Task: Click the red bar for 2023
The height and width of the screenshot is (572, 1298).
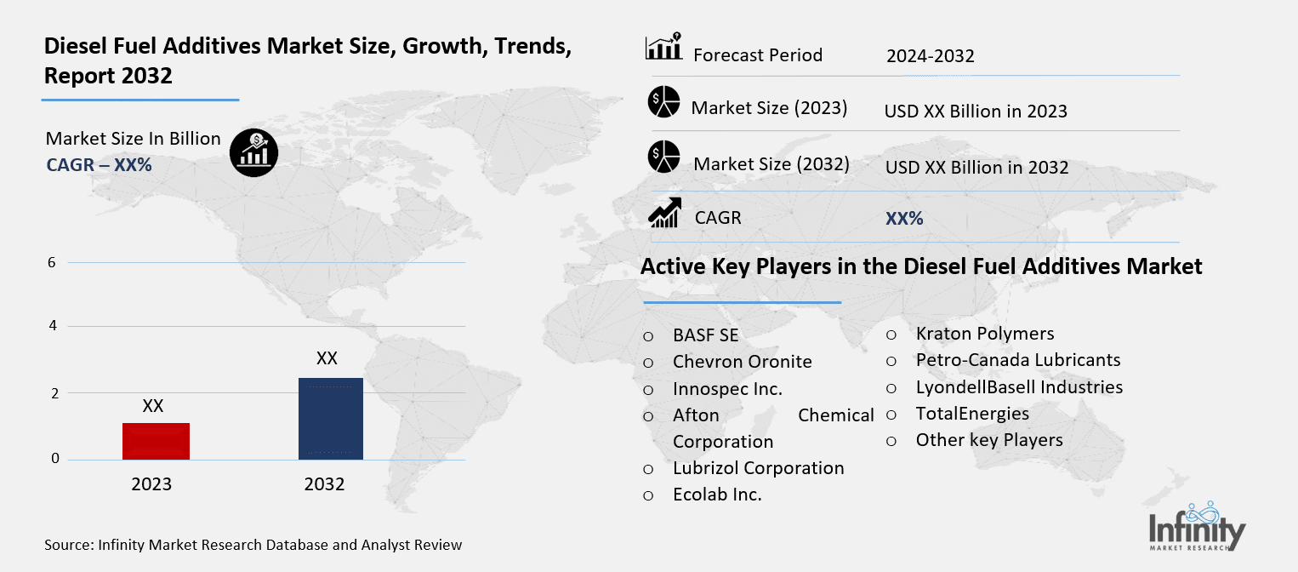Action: tap(156, 441)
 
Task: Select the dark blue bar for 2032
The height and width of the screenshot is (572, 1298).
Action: tap(330, 419)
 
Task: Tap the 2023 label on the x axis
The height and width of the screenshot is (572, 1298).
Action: tap(151, 484)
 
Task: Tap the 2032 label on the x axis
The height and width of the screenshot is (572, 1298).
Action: tap(324, 484)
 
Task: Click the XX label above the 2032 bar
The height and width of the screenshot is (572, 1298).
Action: tap(327, 358)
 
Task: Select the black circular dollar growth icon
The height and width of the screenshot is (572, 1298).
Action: tap(253, 153)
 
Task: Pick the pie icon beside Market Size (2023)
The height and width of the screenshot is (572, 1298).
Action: tap(663, 103)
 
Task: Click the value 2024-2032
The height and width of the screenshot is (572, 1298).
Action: tap(930, 57)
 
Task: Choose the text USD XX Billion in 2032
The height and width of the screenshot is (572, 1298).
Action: tap(976, 168)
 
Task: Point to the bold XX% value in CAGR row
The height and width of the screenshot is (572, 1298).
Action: tap(904, 219)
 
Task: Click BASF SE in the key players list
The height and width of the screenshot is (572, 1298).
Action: tap(705, 335)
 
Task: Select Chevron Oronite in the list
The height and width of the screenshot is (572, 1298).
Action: tap(742, 362)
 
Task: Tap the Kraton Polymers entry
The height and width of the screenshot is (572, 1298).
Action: tap(984, 334)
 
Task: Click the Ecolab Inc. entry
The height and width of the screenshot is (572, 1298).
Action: tap(717, 495)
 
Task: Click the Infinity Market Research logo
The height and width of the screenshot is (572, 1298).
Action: tap(1197, 527)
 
